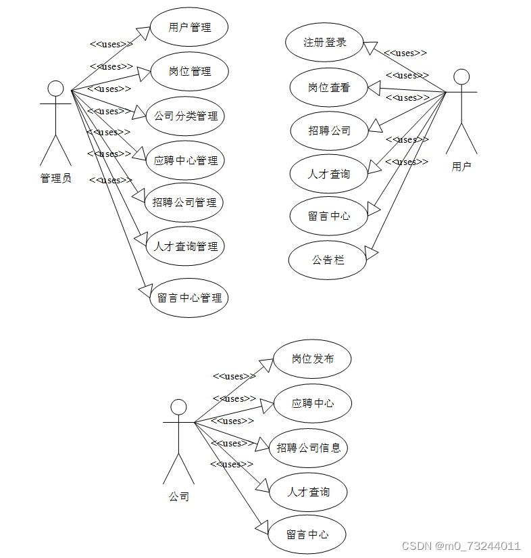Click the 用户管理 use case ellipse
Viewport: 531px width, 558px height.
click(x=189, y=28)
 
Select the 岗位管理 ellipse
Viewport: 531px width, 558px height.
click(x=189, y=71)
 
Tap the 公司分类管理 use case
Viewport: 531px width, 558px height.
click(x=185, y=116)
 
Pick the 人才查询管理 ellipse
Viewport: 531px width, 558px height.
click(x=185, y=246)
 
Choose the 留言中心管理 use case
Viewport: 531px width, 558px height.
click(x=189, y=297)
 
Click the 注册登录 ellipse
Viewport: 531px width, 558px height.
click(x=325, y=42)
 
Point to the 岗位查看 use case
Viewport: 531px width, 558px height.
click(x=329, y=87)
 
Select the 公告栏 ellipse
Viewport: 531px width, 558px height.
click(x=328, y=259)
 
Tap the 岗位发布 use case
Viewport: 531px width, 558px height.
click(x=312, y=358)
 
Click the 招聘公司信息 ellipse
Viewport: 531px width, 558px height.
click(x=308, y=447)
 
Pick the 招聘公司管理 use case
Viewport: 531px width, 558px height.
click(x=185, y=202)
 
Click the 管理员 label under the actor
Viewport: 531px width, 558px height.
click(x=55, y=179)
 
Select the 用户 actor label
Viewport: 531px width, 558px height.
click(x=461, y=166)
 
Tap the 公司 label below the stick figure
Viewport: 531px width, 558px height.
click(x=178, y=496)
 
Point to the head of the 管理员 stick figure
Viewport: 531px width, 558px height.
click(x=55, y=89)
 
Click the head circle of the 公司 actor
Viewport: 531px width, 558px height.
click(x=178, y=406)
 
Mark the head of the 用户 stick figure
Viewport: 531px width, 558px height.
click(x=461, y=76)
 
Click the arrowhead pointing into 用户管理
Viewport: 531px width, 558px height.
click(x=143, y=32)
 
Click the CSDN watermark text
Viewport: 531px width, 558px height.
click(x=461, y=546)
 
